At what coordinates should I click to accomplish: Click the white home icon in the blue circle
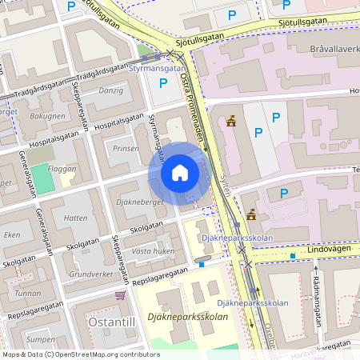click(180, 173)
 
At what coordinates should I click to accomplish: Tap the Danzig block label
click(110, 90)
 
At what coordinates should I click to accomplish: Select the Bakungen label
click(47, 116)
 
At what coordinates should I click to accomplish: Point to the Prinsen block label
click(126, 148)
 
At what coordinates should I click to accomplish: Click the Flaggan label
click(62, 170)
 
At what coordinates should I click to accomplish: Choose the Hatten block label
click(75, 218)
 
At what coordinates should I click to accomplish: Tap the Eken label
click(12, 234)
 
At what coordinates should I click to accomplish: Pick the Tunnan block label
click(28, 293)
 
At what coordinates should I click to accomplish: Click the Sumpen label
click(41, 339)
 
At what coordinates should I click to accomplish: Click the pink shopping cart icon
click(120, 295)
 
